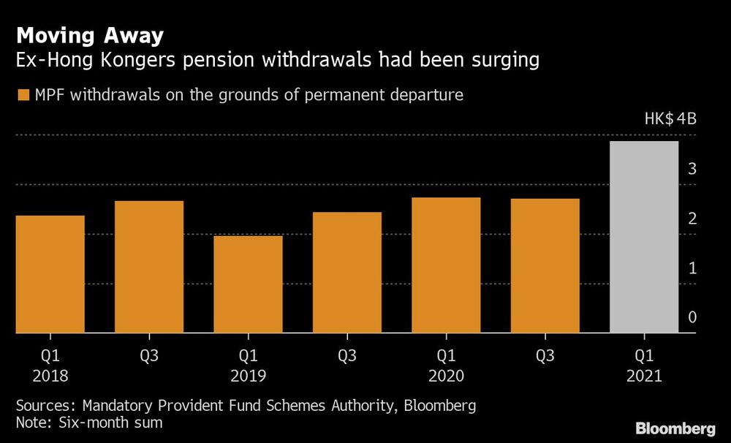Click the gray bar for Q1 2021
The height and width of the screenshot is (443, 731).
click(x=644, y=237)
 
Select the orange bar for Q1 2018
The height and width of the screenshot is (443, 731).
click(x=50, y=274)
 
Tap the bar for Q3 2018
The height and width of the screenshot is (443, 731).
click(x=148, y=267)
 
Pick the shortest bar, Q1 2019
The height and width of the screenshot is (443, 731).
click(x=248, y=284)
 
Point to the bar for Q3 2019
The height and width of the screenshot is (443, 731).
click(x=347, y=273)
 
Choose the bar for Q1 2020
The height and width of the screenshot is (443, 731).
click(x=446, y=265)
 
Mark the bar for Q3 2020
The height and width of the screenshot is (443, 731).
click(x=545, y=266)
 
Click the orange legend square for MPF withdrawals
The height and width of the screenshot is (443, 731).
click(x=23, y=95)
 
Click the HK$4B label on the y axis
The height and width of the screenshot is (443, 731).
click(x=670, y=120)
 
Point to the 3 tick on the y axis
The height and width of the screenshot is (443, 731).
click(x=691, y=170)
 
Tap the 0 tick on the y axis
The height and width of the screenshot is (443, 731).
click(x=691, y=318)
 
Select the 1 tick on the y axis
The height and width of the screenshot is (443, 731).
click(x=691, y=269)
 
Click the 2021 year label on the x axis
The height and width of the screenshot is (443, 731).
click(x=644, y=376)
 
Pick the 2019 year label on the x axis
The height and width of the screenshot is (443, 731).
click(x=248, y=376)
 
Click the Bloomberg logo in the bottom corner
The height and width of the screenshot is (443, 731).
click(x=675, y=428)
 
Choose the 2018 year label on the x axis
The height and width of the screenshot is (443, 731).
click(x=50, y=376)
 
